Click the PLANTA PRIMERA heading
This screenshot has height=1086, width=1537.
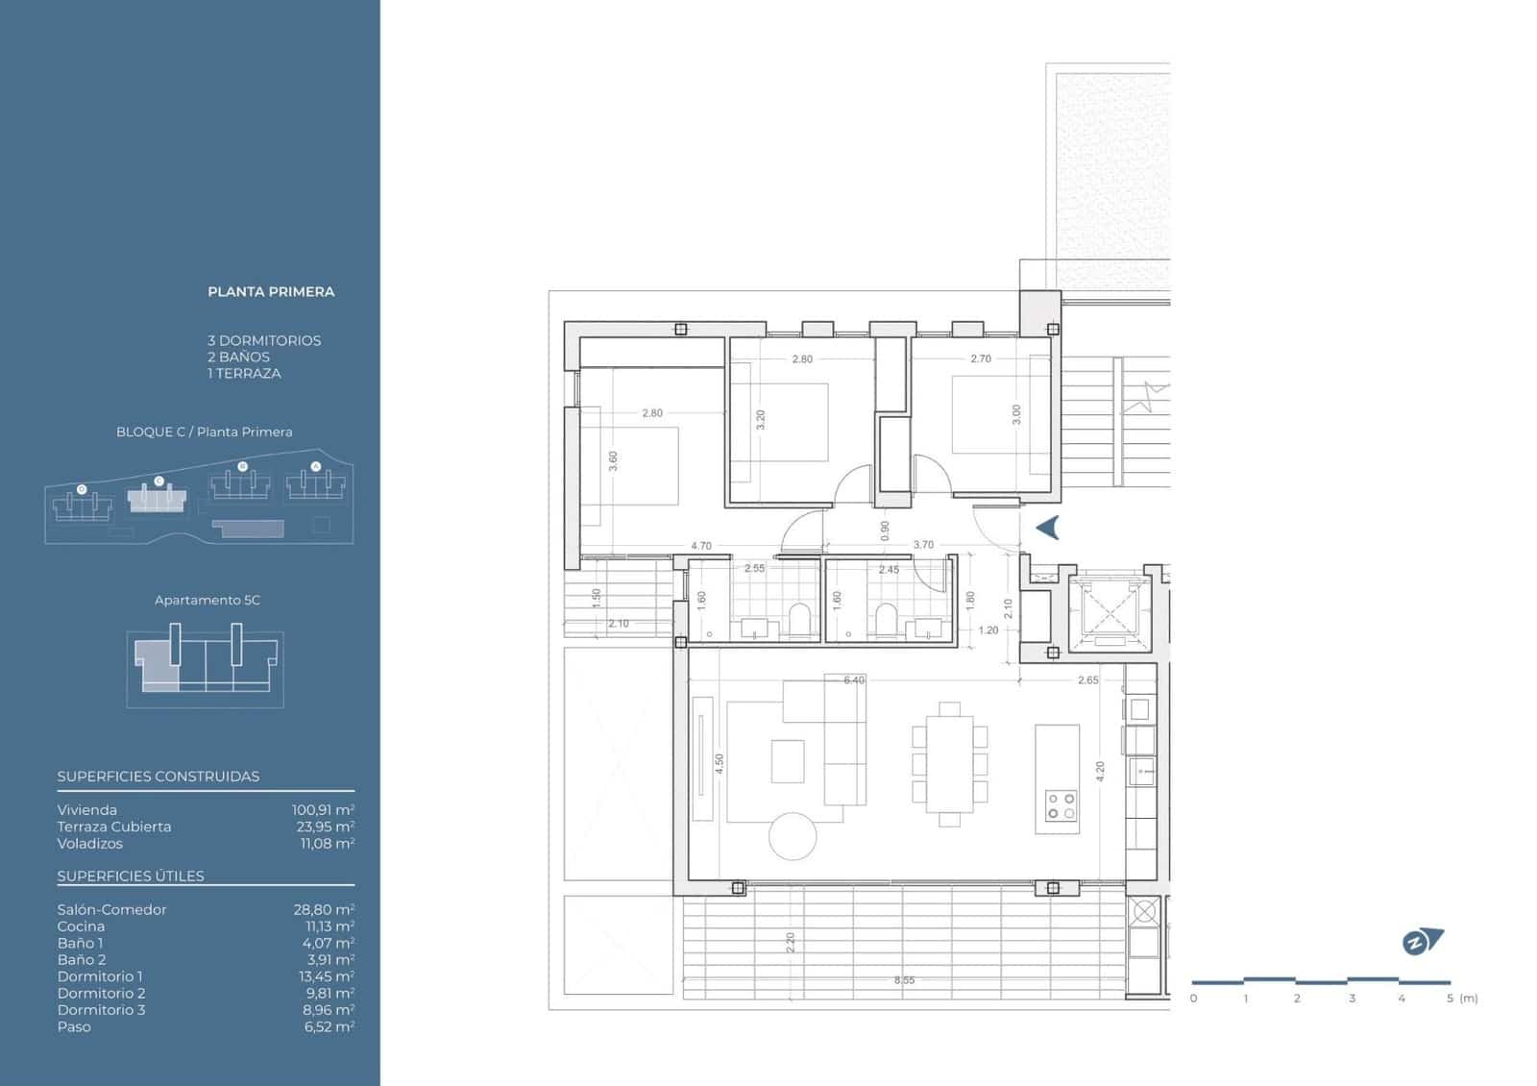(271, 291)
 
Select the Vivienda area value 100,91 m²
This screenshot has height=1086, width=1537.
(323, 810)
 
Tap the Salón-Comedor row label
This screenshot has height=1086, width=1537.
(111, 909)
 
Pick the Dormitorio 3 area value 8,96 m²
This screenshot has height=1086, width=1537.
(323, 1009)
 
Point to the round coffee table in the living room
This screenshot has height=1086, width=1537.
(793, 836)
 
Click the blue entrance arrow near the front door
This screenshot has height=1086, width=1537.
(1048, 527)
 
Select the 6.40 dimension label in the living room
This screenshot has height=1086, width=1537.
(853, 680)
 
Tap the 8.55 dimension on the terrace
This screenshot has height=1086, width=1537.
(904, 980)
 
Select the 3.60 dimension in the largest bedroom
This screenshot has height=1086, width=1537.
(613, 461)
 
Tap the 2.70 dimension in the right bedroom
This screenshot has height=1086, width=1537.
(980, 358)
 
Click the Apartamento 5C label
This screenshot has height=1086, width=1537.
(207, 600)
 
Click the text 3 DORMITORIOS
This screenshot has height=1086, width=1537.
(264, 340)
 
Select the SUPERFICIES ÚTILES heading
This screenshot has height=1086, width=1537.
(131, 876)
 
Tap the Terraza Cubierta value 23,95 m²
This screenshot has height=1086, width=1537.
(325, 827)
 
